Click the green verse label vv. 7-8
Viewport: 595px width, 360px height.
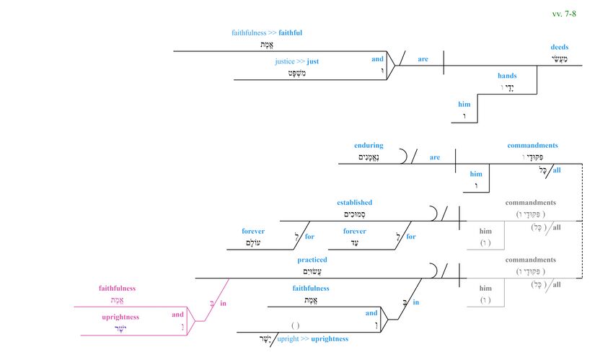click(564, 14)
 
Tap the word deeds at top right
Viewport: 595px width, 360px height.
click(560, 48)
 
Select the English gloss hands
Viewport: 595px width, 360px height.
click(507, 76)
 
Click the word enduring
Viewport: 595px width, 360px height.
click(369, 145)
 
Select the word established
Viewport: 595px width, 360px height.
click(354, 203)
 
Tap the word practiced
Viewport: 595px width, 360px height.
click(312, 260)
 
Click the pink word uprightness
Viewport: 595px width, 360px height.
click(120, 317)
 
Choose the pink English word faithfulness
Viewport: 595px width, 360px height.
click(118, 289)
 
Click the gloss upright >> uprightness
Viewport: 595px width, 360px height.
click(312, 338)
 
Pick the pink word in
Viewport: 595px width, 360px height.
click(223, 304)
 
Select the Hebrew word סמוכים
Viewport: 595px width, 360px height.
click(354, 214)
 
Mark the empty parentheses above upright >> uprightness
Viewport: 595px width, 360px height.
click(295, 326)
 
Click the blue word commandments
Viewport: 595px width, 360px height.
click(532, 145)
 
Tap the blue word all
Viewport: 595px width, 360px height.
click(557, 170)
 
